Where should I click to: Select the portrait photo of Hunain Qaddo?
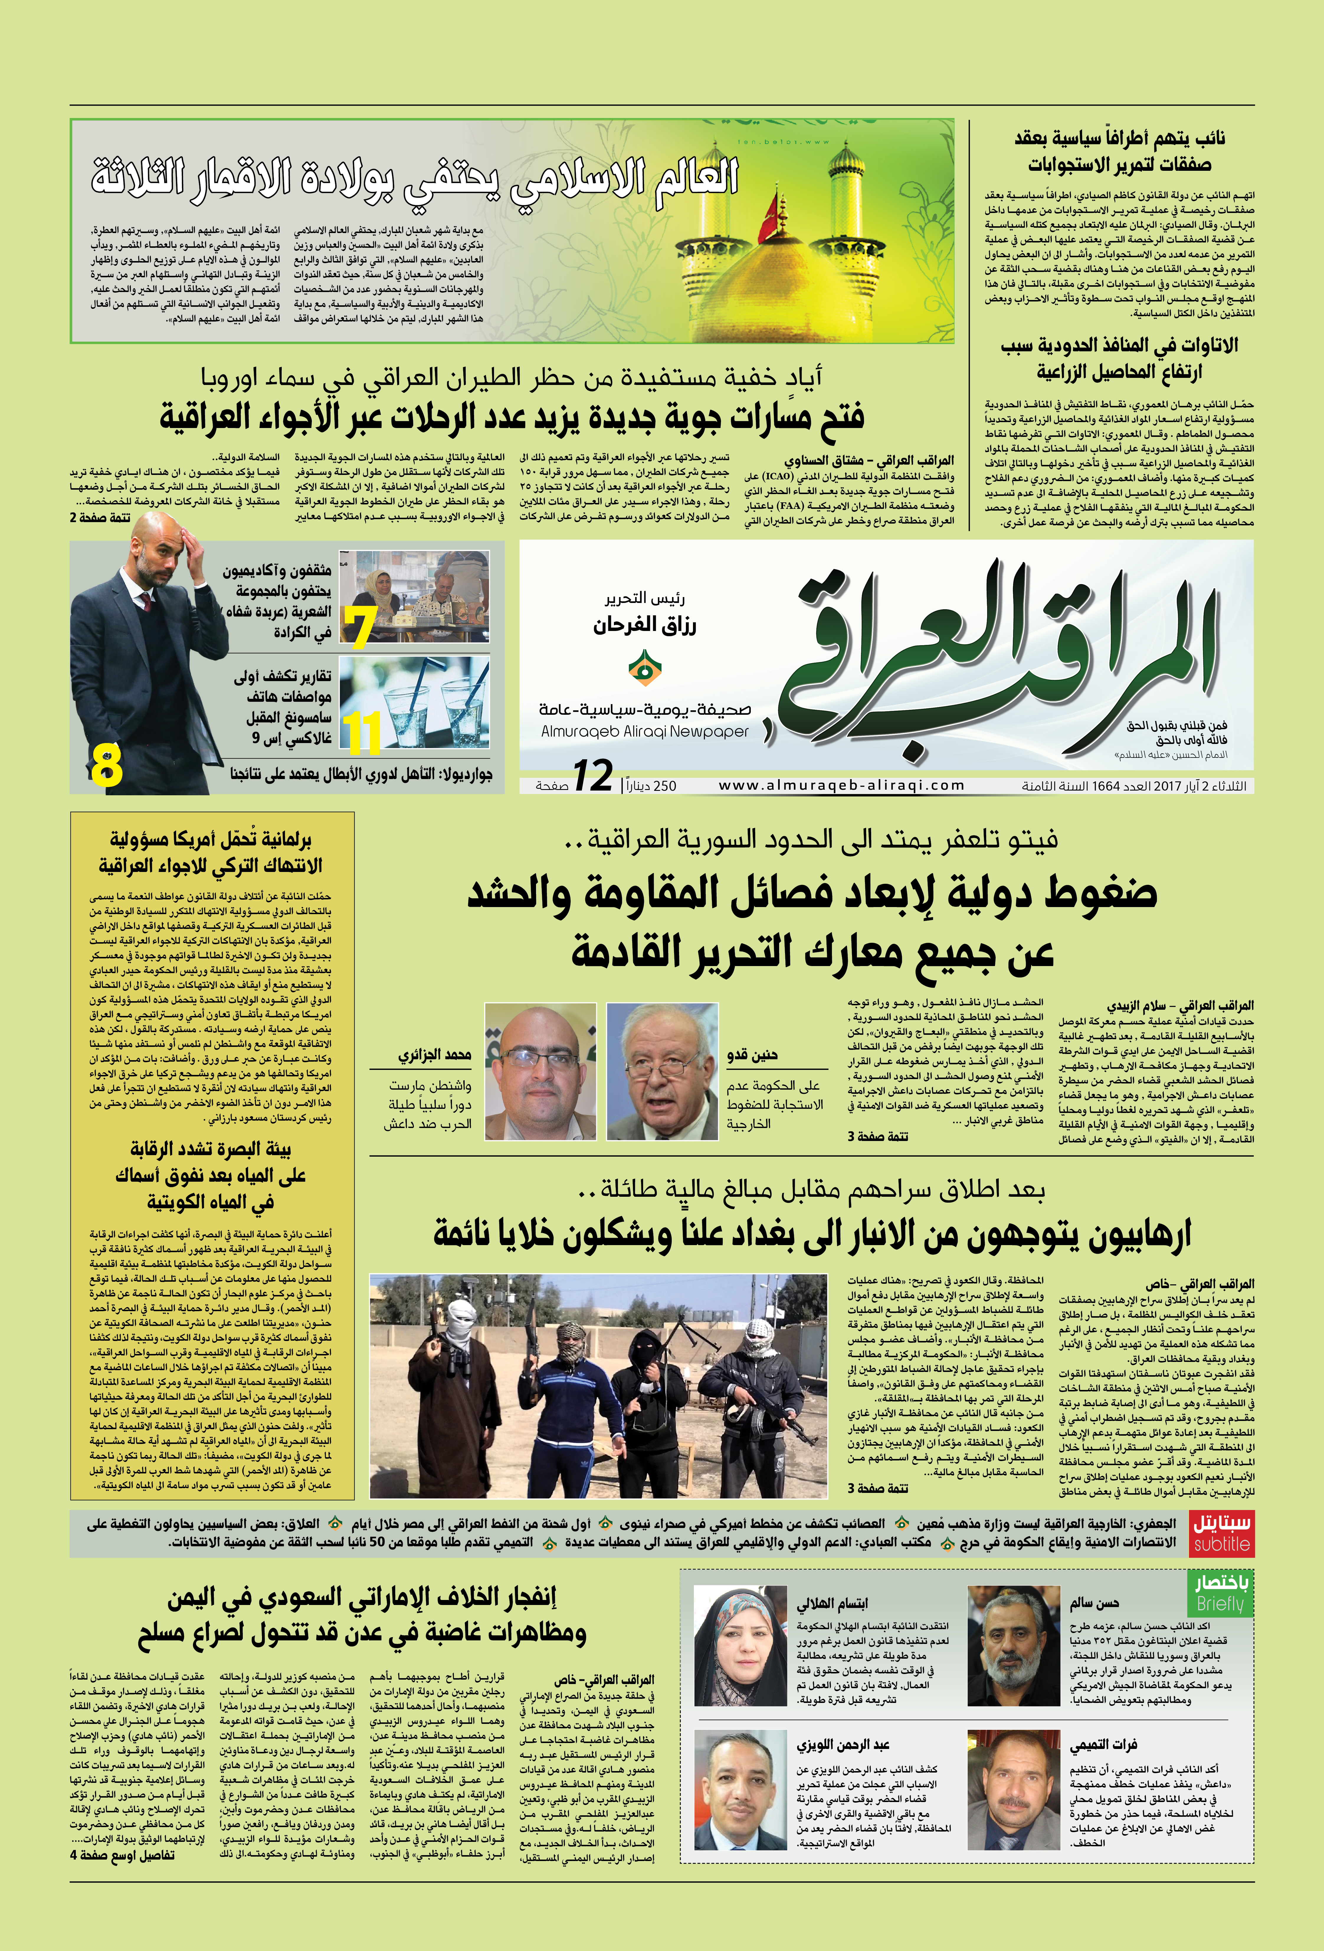point(662,1071)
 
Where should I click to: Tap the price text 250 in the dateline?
point(664,786)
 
